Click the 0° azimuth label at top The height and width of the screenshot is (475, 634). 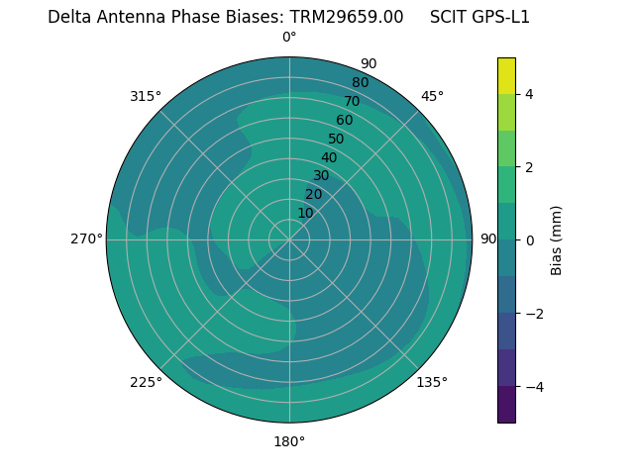coord(289,38)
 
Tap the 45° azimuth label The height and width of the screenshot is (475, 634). coord(432,96)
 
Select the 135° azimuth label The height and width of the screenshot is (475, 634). coord(432,382)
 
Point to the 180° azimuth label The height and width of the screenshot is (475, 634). coord(289,441)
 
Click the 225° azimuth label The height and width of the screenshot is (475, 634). coord(146,382)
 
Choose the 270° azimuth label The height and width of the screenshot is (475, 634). coord(86,239)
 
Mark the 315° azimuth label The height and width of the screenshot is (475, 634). coord(146,96)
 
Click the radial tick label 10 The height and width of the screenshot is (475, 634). coord(305,213)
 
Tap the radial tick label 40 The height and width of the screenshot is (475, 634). coord(329,157)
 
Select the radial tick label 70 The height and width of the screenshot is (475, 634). coord(352,101)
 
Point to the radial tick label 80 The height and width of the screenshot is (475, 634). coord(360,83)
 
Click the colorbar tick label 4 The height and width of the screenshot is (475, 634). coord(529,94)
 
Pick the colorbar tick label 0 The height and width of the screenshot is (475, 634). coord(529,239)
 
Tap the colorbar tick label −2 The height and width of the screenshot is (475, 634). coord(533,313)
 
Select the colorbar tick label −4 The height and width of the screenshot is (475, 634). coord(533,386)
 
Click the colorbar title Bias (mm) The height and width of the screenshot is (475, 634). coord(557,239)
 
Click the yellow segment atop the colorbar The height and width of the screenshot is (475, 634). coord(506,75)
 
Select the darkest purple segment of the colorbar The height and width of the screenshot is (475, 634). coord(506,404)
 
